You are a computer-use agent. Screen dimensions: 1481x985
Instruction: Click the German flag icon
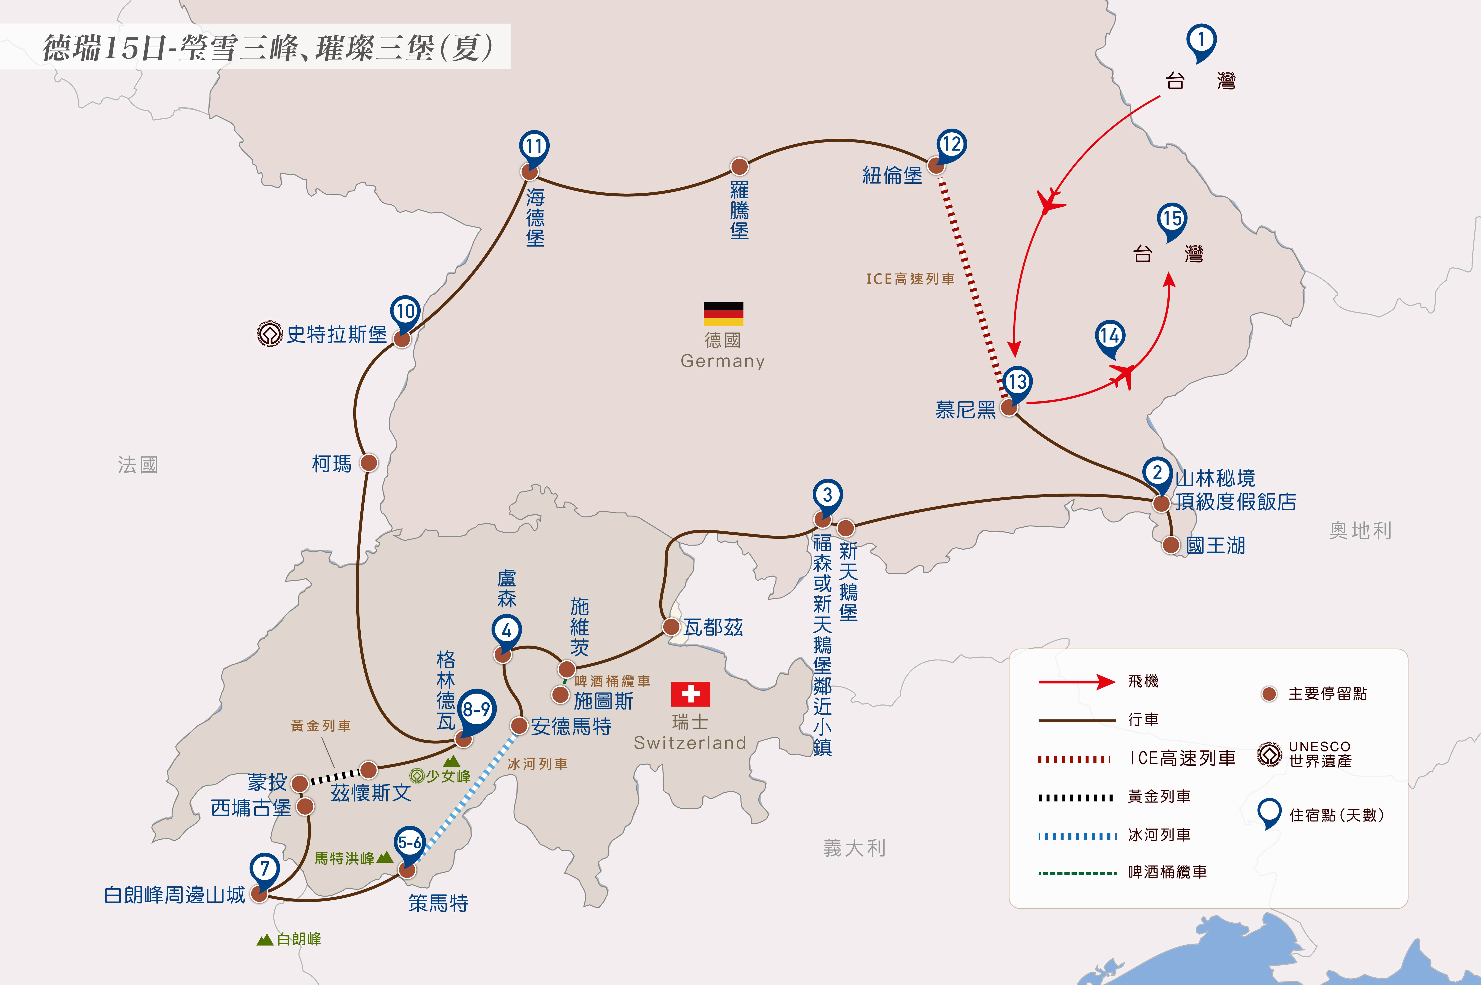pos(723,314)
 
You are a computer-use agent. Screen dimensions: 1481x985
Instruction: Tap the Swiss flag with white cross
pos(690,694)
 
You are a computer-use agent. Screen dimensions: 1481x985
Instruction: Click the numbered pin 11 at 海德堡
pos(534,148)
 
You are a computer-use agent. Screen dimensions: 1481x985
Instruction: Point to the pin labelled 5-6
pos(410,844)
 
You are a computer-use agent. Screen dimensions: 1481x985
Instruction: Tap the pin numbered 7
pos(264,870)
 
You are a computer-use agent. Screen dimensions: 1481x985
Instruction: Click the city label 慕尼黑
pos(965,410)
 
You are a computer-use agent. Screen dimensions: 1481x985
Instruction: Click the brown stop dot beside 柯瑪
pos(369,463)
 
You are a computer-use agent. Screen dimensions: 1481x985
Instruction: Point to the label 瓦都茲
pos(713,627)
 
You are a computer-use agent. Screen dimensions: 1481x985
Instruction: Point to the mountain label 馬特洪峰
pos(344,858)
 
